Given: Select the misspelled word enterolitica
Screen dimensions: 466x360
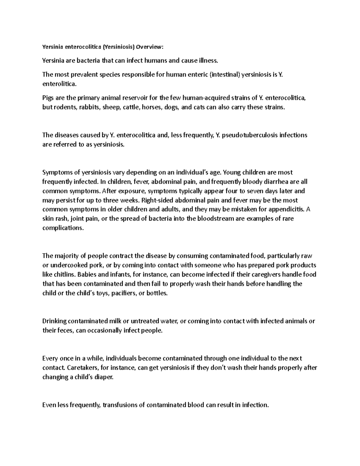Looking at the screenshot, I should tap(59, 84).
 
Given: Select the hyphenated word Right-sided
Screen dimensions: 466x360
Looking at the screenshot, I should tap(156, 200).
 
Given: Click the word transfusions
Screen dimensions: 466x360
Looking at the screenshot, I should tap(120, 405).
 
